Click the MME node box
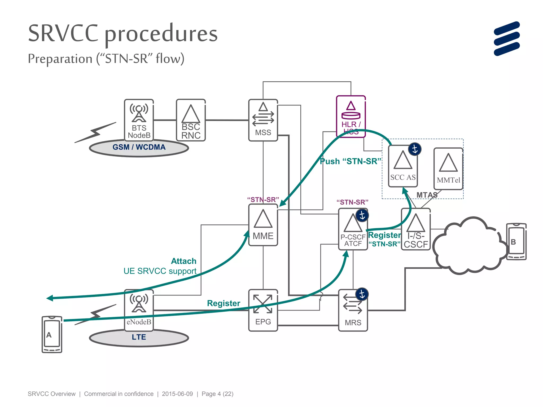pyautogui.click(x=263, y=225)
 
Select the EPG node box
pyautogui.click(x=263, y=310)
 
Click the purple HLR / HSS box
pyautogui.click(x=351, y=116)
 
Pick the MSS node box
pyautogui.click(x=263, y=120)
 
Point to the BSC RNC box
pyautogui.click(x=191, y=120)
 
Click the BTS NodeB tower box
pyautogui.click(x=139, y=120)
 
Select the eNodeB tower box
pyautogui.click(x=139, y=310)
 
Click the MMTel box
pyautogui.click(x=448, y=169)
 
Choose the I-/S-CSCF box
pyautogui.click(x=415, y=229)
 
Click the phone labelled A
pyautogui.click(x=52, y=334)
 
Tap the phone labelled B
pyautogui.click(x=516, y=242)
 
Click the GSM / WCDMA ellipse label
pyautogui.click(x=139, y=147)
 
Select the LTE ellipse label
pyautogui.click(x=139, y=337)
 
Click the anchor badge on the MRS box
pyautogui.click(x=362, y=294)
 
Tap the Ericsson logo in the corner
pyautogui.click(x=506, y=39)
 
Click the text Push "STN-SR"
pyautogui.click(x=350, y=161)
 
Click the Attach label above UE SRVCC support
pyautogui.click(x=183, y=261)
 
